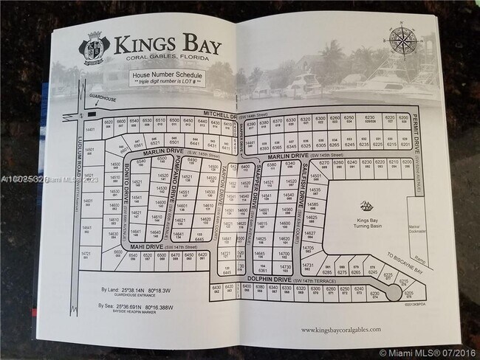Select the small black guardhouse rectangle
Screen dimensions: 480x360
(x=91, y=114)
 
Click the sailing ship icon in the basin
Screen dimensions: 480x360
(x=365, y=207)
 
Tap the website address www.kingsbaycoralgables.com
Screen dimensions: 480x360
(x=341, y=330)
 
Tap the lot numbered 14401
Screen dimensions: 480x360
(x=91, y=130)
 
